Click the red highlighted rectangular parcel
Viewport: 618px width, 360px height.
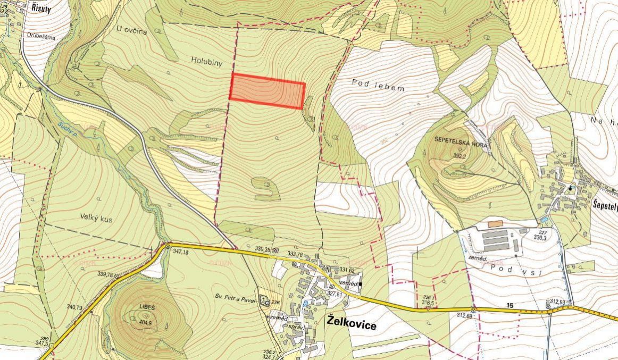coord(266,91)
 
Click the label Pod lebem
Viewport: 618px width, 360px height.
coord(378,86)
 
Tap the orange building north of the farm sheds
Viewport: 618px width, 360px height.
coord(495,224)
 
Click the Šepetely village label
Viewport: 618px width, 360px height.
coord(605,204)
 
